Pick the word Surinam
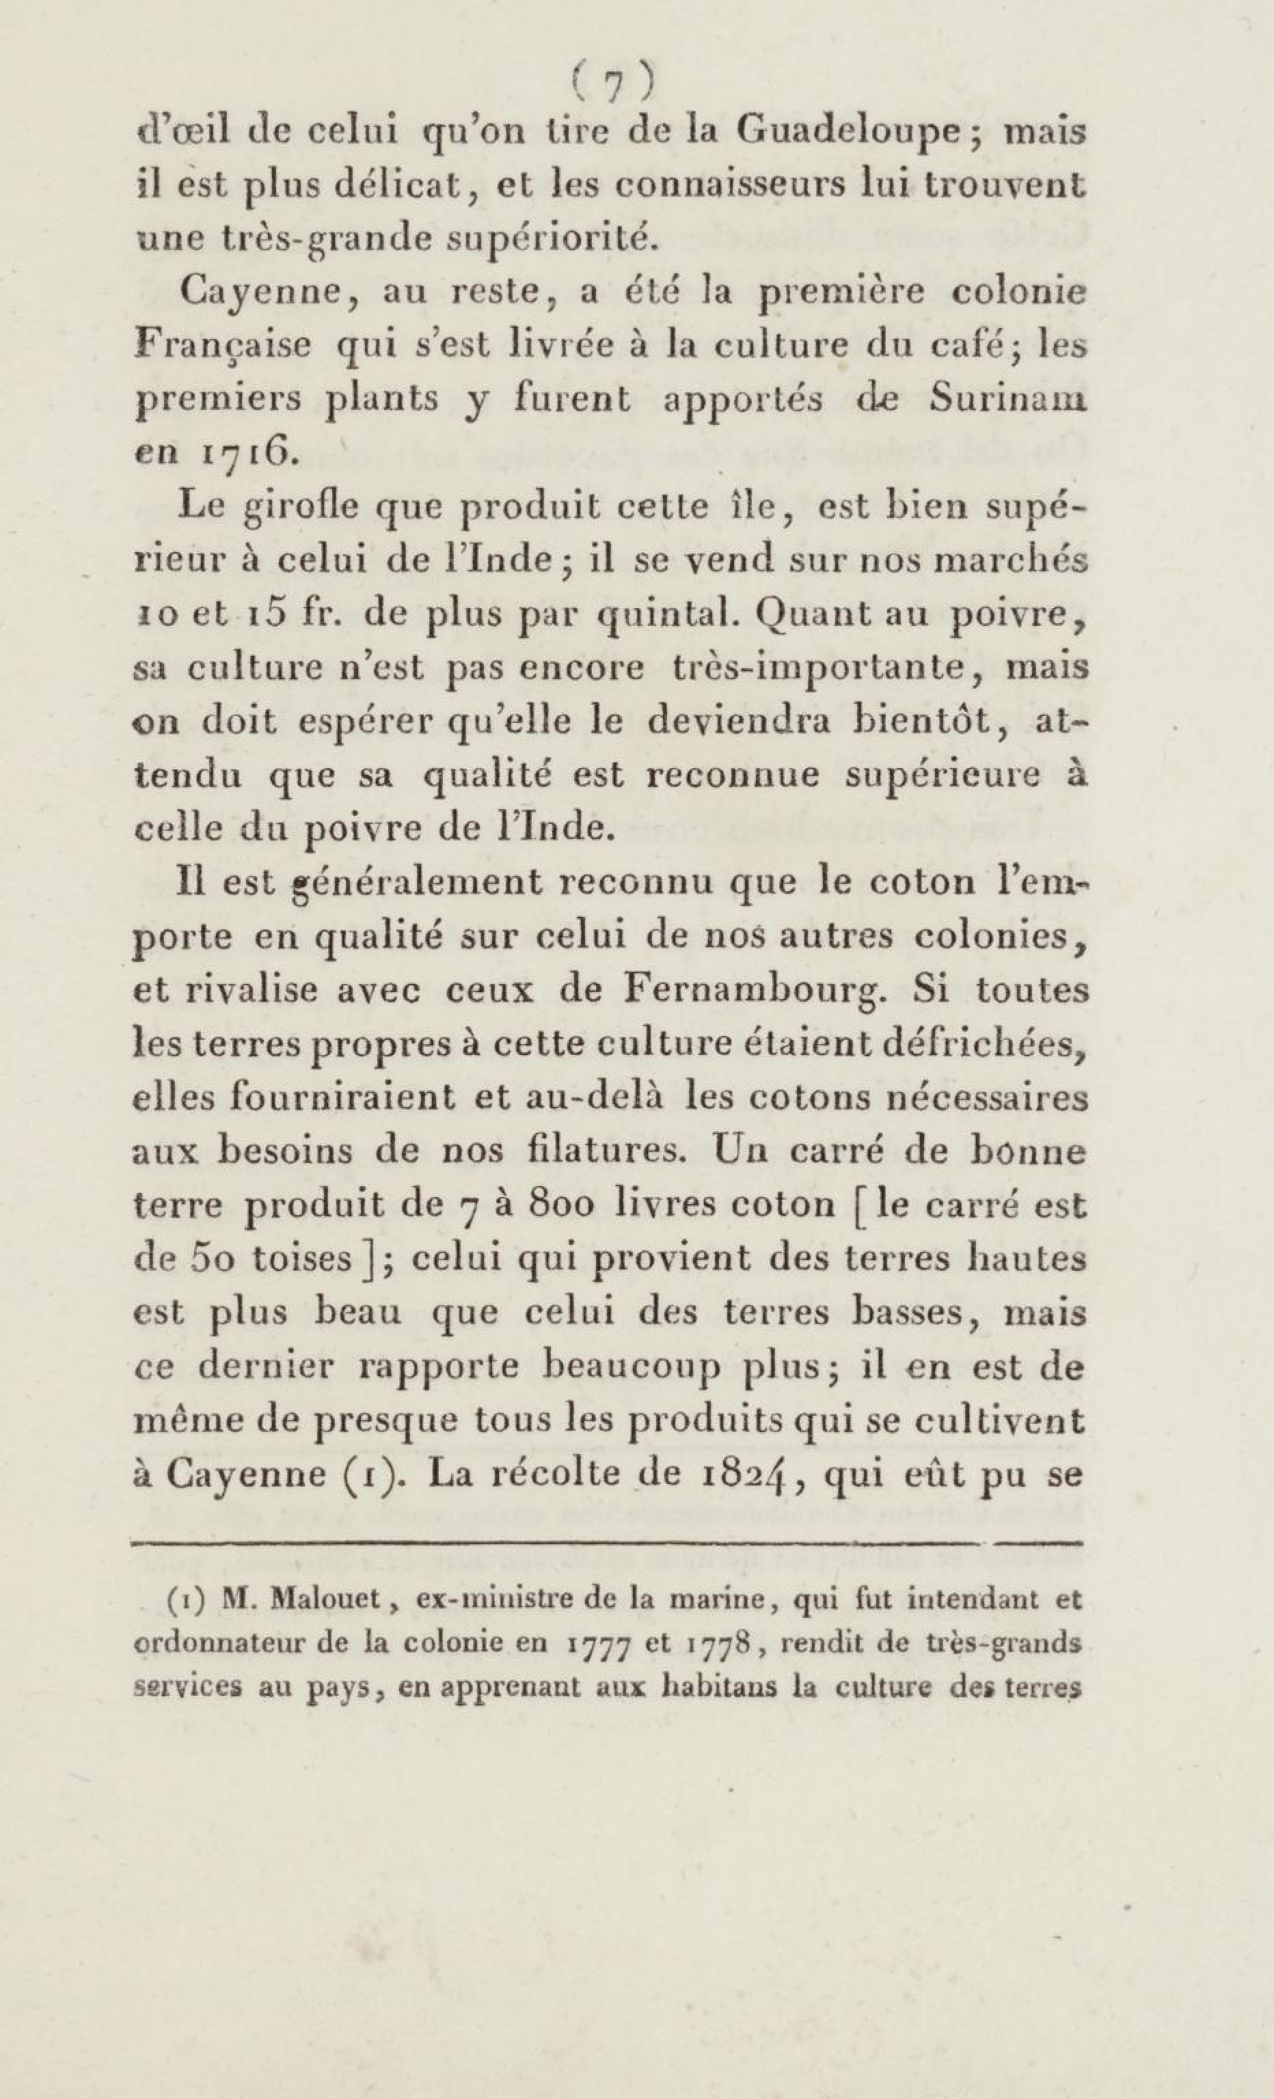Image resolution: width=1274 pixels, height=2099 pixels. pos(1007,401)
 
